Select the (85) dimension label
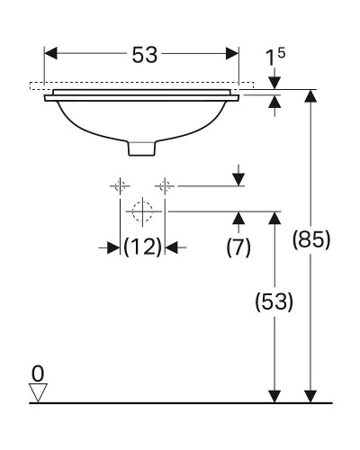click(312, 240)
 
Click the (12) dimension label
click(142, 246)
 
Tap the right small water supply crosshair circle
click(165, 186)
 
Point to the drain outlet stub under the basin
click(142, 146)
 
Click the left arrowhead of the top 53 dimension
click(51, 54)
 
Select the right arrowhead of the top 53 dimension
click(233, 54)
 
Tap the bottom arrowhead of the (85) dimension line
click(310, 395)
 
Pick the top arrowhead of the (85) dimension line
click(310, 96)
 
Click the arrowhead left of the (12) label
click(114, 246)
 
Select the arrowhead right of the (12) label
click(171, 246)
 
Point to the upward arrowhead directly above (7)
click(238, 219)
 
